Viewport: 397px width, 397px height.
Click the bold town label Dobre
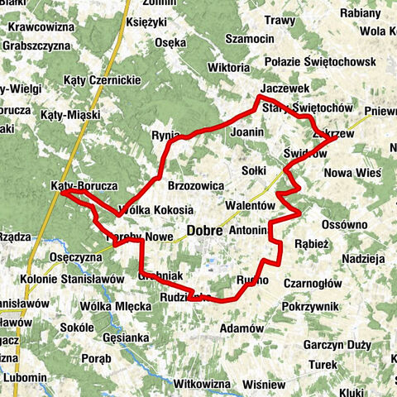[204, 232]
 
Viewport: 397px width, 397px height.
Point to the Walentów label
[249, 204]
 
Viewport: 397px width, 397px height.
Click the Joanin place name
[246, 131]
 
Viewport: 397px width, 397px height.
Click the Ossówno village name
[344, 224]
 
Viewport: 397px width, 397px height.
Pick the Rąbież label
[313, 244]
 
